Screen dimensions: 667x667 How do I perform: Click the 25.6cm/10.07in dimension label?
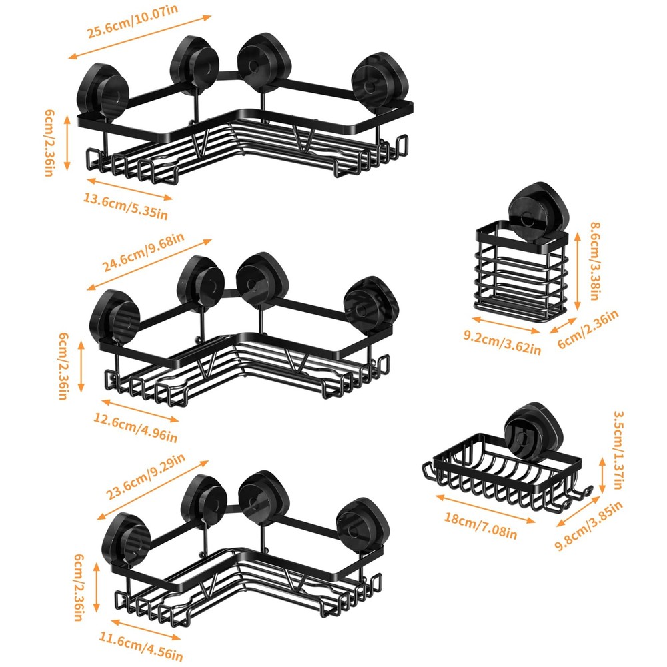pyautogui.click(x=133, y=22)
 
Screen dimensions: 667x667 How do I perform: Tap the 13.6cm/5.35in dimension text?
pyautogui.click(x=125, y=207)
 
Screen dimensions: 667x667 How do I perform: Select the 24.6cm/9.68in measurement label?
pyautogui.click(x=143, y=253)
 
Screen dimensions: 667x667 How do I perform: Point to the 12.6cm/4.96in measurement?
pyautogui.click(x=135, y=428)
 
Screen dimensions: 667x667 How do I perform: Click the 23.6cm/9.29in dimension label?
pyautogui.click(x=145, y=476)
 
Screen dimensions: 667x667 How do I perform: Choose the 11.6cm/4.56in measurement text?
pyautogui.click(x=141, y=646)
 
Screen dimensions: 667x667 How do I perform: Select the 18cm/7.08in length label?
pyautogui.click(x=480, y=526)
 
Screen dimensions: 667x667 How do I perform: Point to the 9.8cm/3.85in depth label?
pyautogui.click(x=589, y=526)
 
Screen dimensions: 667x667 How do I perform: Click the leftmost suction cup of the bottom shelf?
pyautogui.click(x=126, y=540)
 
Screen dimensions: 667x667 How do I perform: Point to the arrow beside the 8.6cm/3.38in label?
pyautogui.click(x=577, y=271)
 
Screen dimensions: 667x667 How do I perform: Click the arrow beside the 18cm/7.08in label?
pyautogui.click(x=485, y=508)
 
